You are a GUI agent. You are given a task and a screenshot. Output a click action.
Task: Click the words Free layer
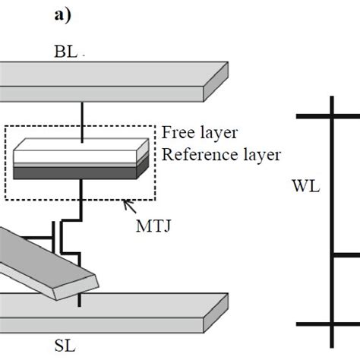pos(199,133)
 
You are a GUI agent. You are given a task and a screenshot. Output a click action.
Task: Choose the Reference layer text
pos(220,154)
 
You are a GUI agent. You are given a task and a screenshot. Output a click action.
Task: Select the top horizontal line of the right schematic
pos(327,115)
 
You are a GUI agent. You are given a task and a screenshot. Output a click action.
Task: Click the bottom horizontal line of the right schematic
pos(327,323)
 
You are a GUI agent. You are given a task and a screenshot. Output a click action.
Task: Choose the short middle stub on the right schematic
pos(346,256)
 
